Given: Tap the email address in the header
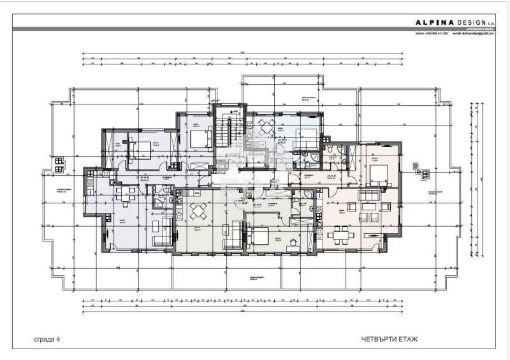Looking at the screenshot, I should tap(471, 33).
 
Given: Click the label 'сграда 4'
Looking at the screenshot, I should tap(47, 339).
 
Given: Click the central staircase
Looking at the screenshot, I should tap(224, 131).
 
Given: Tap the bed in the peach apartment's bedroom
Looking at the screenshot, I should tap(377, 175).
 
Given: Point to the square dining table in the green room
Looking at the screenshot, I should tap(200, 210).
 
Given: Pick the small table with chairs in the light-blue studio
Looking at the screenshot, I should tap(266, 124).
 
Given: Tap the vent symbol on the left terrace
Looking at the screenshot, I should tap(59, 165).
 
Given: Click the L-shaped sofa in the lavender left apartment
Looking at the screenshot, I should tap(163, 231).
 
